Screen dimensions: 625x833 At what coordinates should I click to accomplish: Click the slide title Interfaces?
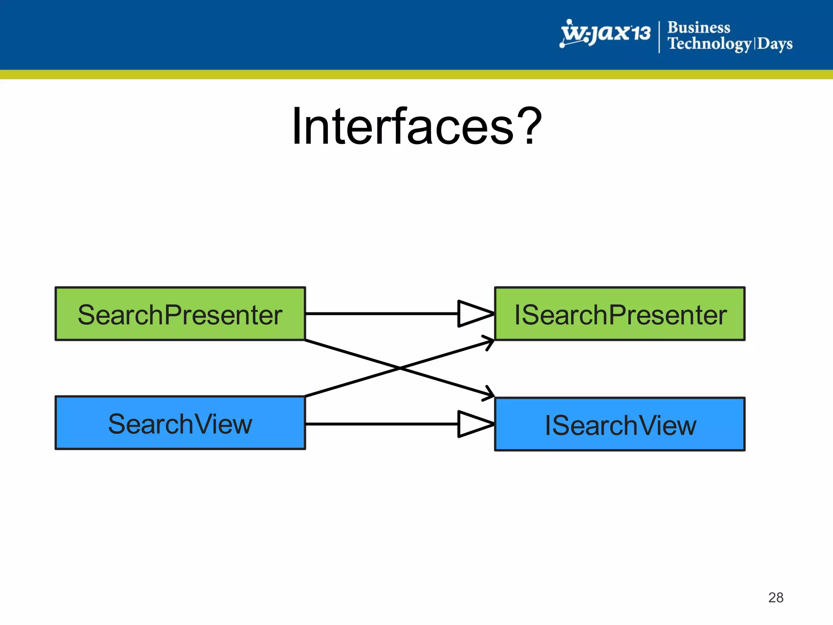(416, 126)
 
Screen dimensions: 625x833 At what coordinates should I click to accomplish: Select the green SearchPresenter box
(180, 314)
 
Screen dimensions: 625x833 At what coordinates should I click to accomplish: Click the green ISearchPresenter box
(619, 314)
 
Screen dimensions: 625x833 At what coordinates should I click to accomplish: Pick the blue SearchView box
(180, 423)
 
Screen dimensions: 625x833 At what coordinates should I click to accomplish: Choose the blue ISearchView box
(619, 424)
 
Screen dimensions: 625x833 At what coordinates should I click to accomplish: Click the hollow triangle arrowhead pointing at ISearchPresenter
(473, 314)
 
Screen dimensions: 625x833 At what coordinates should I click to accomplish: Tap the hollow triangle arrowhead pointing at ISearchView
(473, 424)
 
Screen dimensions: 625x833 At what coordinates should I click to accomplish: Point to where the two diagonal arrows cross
(399, 368)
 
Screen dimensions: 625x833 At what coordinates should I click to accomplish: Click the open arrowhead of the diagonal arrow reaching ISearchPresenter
(489, 341)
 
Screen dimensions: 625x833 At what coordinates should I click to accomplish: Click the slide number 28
(776, 597)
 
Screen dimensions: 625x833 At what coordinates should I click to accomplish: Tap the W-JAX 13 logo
(605, 33)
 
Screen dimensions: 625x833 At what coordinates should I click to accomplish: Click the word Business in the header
(699, 28)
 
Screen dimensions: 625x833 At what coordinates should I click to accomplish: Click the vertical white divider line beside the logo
(659, 37)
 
